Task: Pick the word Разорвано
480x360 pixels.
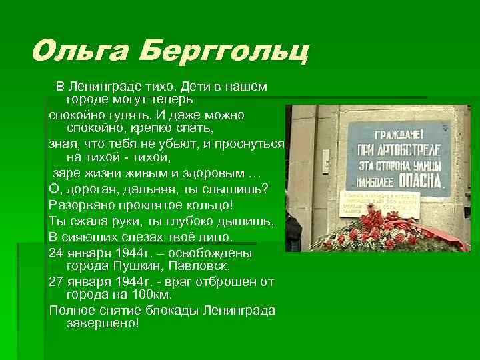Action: tap(81, 204)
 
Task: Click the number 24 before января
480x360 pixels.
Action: tap(57, 253)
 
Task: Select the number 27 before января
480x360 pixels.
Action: tap(57, 281)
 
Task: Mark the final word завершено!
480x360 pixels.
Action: tap(103, 323)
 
